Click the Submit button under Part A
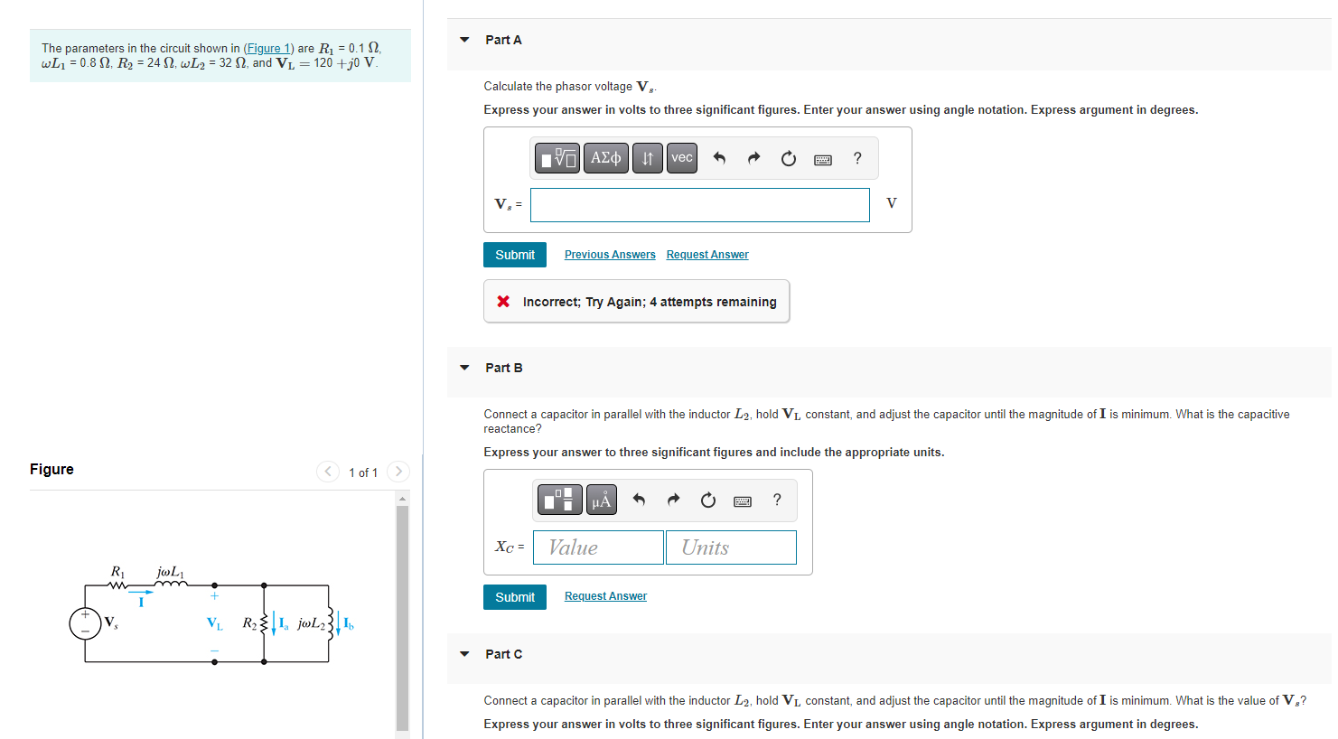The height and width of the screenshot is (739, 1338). (x=514, y=255)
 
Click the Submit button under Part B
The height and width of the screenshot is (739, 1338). (x=514, y=597)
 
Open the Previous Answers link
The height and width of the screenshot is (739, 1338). (x=610, y=255)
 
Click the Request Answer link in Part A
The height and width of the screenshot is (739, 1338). (x=707, y=255)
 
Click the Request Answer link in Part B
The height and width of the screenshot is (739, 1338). (x=605, y=596)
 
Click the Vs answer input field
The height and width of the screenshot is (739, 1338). (x=699, y=205)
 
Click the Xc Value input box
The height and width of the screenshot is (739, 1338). (x=598, y=547)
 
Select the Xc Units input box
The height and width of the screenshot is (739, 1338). (x=731, y=547)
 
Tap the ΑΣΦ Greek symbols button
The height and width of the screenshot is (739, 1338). (x=605, y=158)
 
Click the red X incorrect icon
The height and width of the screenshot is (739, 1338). (x=503, y=301)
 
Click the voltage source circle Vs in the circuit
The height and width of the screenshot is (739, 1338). (x=86, y=622)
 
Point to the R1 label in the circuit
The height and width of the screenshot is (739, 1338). (x=117, y=572)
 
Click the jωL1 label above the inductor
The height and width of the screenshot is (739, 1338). (x=170, y=572)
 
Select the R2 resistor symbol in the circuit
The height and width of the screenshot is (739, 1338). (x=264, y=622)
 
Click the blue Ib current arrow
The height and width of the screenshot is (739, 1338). (x=338, y=623)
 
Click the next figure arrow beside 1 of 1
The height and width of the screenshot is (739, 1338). (x=398, y=472)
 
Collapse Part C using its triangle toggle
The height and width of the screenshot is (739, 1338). (x=464, y=654)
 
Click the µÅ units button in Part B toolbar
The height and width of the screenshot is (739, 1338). (x=602, y=500)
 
